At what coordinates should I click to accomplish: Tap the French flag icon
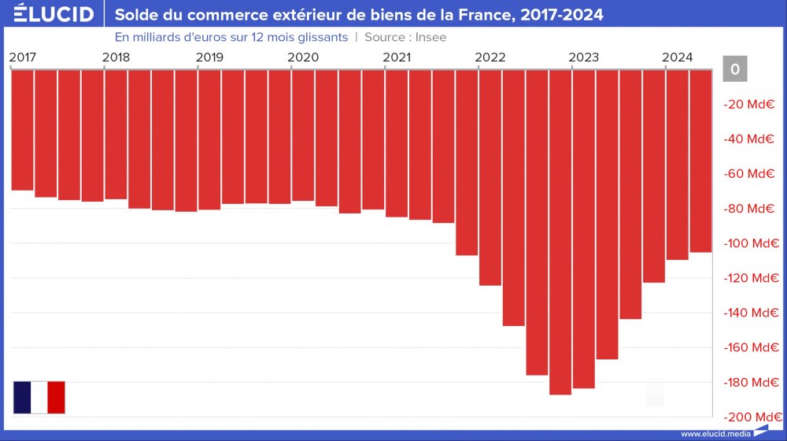coord(39,397)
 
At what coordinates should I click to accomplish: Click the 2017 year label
coord(22,57)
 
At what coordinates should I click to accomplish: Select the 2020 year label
coord(303,57)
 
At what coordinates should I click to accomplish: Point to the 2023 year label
coord(584,57)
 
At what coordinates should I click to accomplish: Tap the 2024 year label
coord(678,57)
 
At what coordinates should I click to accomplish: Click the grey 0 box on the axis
coord(734,69)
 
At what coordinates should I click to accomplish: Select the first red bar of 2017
coord(22,130)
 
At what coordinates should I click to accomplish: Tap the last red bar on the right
coord(700,161)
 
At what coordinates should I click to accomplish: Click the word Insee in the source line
coord(431,37)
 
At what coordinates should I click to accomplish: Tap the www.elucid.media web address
coord(715,434)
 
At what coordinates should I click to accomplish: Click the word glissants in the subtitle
coord(322,37)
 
